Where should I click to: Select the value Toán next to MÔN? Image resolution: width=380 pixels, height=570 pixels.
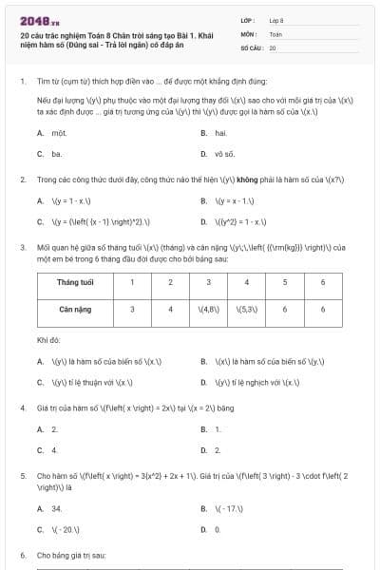tap(275, 32)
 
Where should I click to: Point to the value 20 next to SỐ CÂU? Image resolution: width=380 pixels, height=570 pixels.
tap(273, 47)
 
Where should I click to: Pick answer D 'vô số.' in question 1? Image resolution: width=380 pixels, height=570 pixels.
tap(224, 153)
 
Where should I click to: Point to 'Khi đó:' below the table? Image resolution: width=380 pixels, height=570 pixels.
tap(48, 339)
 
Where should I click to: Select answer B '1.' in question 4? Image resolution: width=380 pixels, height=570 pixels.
tap(218, 429)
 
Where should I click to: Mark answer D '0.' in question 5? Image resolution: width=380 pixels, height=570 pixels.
tap(218, 529)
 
